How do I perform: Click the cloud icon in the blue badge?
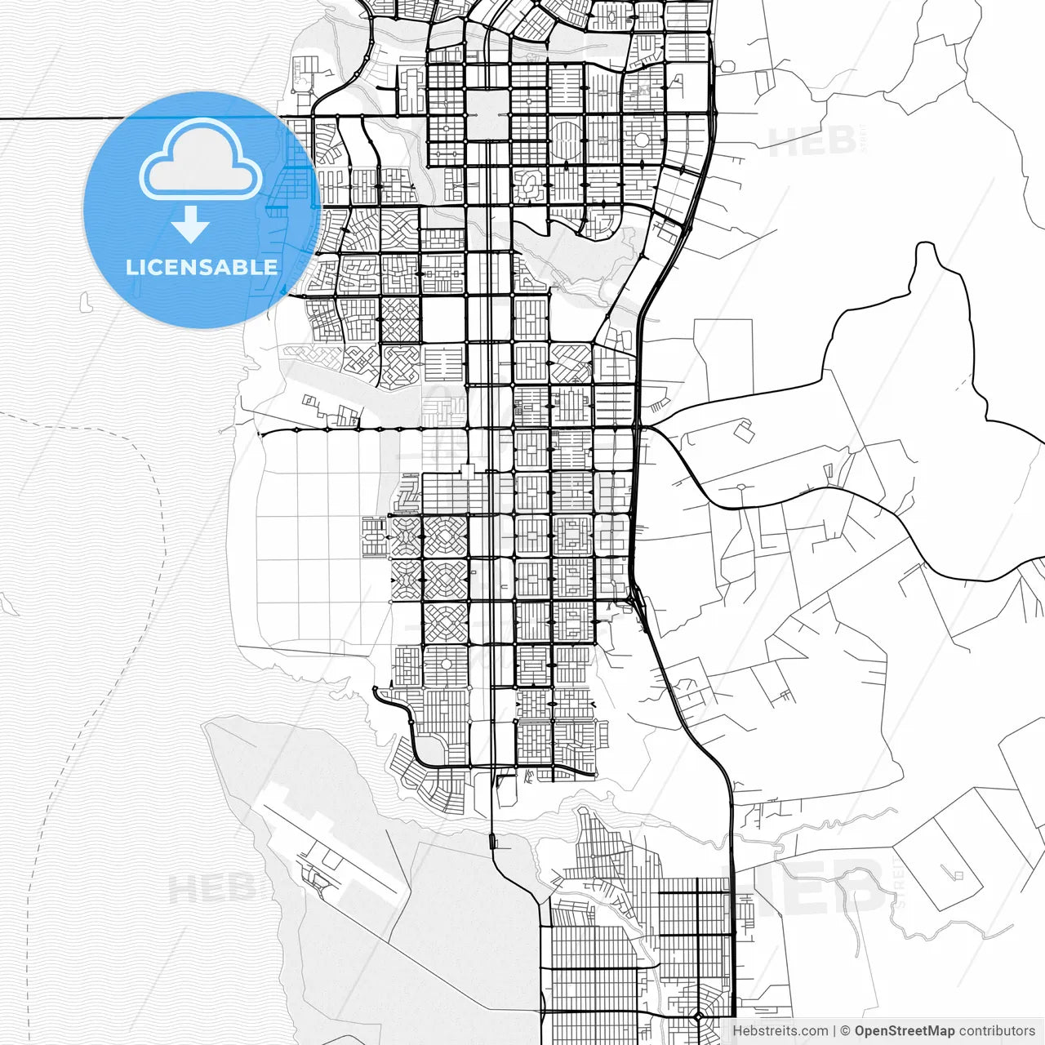(x=200, y=160)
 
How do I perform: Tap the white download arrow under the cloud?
(x=190, y=224)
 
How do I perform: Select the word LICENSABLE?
(x=202, y=267)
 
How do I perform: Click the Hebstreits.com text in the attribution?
(x=780, y=1031)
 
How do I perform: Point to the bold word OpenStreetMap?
(x=904, y=1031)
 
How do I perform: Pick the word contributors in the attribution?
(x=996, y=1031)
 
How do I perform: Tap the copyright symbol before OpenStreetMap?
(x=846, y=1031)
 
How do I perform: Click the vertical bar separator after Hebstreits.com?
(x=834, y=1031)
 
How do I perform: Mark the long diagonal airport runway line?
(x=327, y=841)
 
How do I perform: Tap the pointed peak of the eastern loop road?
(x=925, y=245)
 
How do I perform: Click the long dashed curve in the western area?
(x=122, y=571)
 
